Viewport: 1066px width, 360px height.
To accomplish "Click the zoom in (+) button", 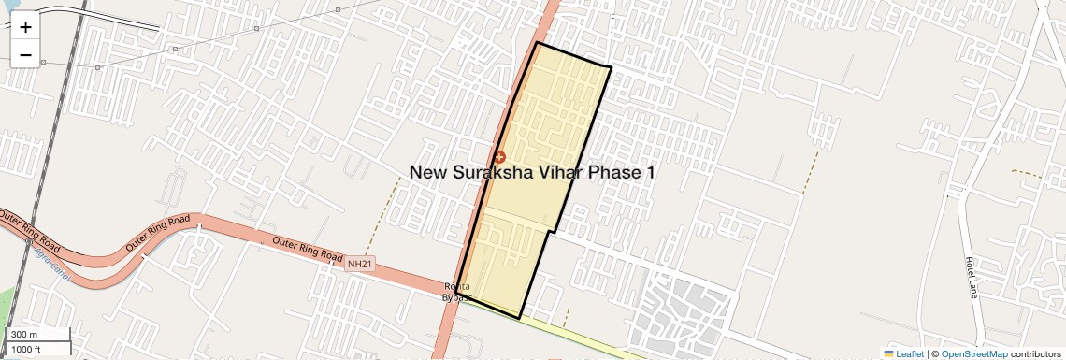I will [25, 27].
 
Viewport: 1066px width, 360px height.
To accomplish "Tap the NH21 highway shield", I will [359, 265].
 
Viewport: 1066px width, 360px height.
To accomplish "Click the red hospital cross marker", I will [499, 157].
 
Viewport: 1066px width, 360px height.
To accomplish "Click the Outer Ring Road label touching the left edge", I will [28, 234].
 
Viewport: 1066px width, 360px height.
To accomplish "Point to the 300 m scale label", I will [24, 335].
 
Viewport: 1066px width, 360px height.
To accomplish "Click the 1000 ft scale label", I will [26, 349].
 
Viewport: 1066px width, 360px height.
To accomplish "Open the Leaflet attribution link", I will [910, 353].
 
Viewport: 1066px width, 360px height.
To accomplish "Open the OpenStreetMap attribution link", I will [974, 353].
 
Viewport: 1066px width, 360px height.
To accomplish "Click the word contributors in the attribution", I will [1035, 353].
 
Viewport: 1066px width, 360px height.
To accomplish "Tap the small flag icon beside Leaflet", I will [888, 353].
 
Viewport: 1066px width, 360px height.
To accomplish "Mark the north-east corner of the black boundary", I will [611, 67].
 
